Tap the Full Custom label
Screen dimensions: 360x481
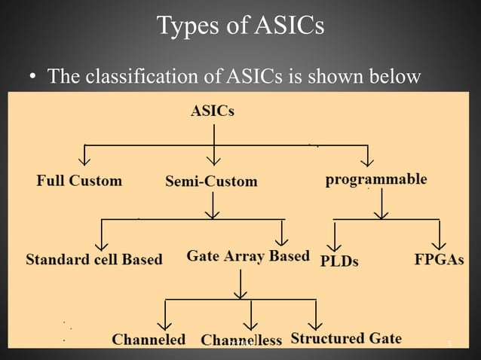click(79, 181)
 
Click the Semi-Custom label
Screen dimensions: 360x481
click(211, 182)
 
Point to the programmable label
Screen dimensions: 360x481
click(376, 180)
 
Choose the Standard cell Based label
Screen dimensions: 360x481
click(94, 260)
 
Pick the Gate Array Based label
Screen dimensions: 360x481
click(248, 256)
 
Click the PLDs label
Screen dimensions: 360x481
click(339, 261)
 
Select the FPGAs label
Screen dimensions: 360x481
click(439, 260)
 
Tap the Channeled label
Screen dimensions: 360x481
click(149, 340)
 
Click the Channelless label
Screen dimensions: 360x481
click(241, 340)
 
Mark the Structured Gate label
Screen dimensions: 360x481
click(346, 338)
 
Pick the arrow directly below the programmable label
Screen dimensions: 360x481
click(382, 204)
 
